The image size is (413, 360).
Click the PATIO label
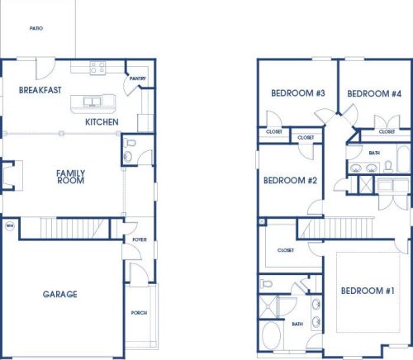[x=36, y=28]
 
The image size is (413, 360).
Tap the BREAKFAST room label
[x=40, y=90]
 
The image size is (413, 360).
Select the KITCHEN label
[x=102, y=122]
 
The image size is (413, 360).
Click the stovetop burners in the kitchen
[x=97, y=68]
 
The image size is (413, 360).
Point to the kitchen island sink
[x=92, y=102]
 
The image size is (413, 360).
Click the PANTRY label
[x=138, y=78]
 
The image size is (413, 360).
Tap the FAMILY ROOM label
[x=70, y=177]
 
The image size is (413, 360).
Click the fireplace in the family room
[x=12, y=176]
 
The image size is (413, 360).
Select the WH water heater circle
[x=10, y=226]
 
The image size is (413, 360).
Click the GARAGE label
[x=59, y=294]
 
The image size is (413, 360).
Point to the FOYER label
[x=140, y=239]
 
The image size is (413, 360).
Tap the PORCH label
[x=139, y=313]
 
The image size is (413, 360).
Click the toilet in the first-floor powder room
[x=130, y=143]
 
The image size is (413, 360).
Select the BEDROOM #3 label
[x=298, y=93]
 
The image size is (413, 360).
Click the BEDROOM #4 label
[x=374, y=93]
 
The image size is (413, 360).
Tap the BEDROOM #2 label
[x=290, y=181]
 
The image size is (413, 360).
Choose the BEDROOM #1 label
[x=368, y=291]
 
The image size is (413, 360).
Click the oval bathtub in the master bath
[x=271, y=336]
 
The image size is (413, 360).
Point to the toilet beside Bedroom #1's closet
[x=266, y=283]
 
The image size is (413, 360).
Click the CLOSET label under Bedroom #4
[x=387, y=131]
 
